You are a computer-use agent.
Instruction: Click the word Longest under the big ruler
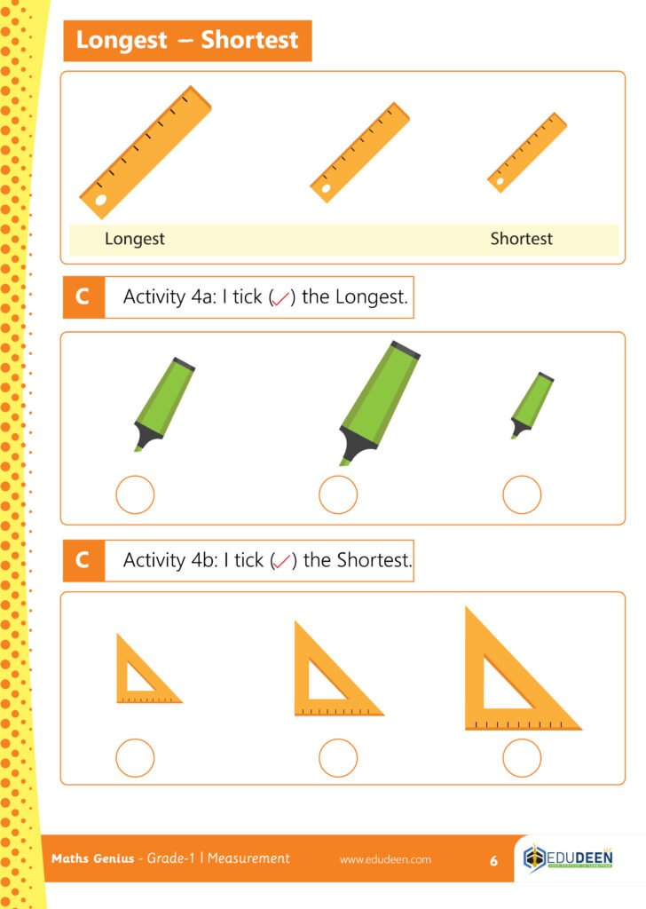point(134,239)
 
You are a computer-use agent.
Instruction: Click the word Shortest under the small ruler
point(522,238)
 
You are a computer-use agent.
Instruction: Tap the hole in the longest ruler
point(101,200)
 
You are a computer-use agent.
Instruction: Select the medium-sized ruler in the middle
point(359,153)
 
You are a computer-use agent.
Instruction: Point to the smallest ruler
point(526,152)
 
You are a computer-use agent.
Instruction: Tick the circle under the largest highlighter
point(338,494)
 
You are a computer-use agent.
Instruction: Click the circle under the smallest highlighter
point(522,494)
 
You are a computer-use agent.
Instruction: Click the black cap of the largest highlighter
point(405,350)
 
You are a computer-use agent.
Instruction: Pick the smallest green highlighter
point(532,405)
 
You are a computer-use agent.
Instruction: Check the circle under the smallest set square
point(135,758)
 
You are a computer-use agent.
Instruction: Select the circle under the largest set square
point(522,758)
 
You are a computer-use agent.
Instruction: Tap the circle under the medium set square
point(338,758)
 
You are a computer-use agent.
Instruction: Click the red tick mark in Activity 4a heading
point(281,298)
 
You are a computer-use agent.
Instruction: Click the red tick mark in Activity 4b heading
point(282,561)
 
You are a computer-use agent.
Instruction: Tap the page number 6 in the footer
point(493,860)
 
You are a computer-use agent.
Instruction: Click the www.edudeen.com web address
point(385,859)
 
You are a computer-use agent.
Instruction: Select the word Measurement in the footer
point(248,858)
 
